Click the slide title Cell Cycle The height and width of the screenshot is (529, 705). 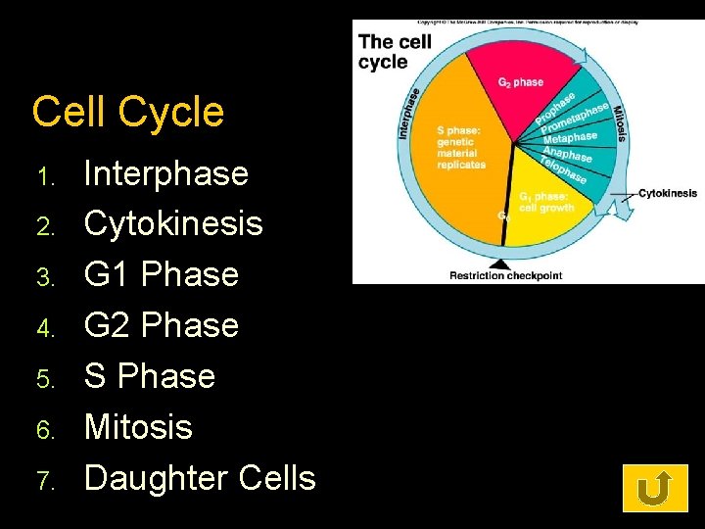[128, 113]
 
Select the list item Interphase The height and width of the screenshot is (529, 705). [166, 173]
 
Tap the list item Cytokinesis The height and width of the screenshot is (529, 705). [173, 224]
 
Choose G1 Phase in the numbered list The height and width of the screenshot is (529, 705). [162, 274]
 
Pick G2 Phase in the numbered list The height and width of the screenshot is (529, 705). [162, 325]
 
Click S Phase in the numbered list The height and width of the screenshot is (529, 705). [150, 376]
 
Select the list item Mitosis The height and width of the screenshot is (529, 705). [138, 427]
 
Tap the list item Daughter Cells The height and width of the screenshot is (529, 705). [200, 478]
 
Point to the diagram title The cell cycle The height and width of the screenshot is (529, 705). [395, 51]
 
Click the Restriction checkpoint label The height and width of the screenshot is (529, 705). [505, 275]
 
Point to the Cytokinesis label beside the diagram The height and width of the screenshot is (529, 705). [667, 194]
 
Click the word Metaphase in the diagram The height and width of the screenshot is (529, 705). [570, 138]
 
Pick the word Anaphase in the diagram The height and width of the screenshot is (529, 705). [567, 155]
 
